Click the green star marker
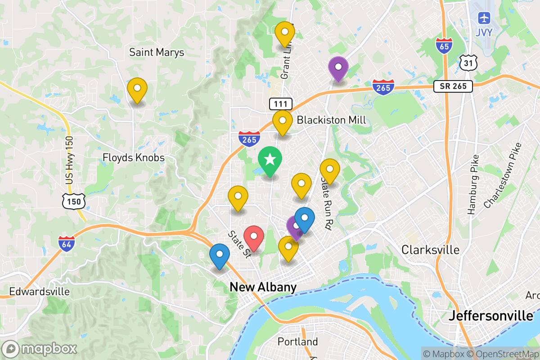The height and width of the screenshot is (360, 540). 270,160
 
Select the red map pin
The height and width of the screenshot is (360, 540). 254,236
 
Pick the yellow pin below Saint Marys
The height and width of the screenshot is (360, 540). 137,89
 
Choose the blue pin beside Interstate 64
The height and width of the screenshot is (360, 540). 220,254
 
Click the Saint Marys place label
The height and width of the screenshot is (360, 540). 157,53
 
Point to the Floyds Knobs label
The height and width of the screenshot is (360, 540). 133,158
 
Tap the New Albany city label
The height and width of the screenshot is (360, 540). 263,287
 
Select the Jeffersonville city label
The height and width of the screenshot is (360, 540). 491,316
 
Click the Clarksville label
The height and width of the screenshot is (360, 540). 431,250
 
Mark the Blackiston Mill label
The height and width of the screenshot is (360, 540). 331,120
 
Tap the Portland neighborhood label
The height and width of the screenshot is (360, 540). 297,342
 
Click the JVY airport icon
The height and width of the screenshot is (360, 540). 484,19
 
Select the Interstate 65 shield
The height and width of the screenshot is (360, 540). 444,45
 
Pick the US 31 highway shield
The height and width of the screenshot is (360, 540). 468,62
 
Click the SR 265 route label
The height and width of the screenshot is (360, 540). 453,86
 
